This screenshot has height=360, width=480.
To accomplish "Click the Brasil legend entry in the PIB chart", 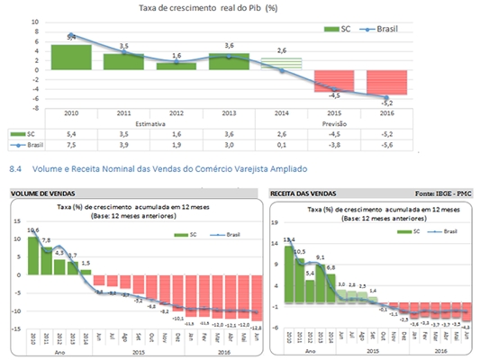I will pos(383,29).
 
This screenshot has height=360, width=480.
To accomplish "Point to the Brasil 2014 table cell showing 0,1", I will pos(283,143).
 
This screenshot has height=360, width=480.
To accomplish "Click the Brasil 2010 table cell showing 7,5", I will pos(71,143).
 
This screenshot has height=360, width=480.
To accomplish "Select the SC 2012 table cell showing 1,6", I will pos(177,132).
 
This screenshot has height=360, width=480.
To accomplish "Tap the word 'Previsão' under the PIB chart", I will pos(335,121).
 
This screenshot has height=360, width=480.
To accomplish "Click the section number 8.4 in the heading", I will pos(14,167).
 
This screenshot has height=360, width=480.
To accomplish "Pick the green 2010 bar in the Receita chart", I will pos(288,270).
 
